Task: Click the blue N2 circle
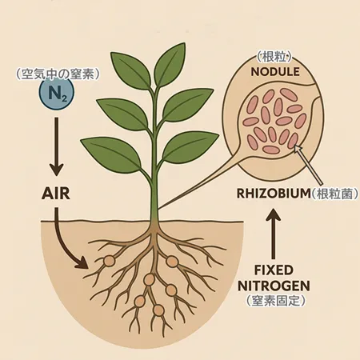point(56,94)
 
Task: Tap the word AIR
point(56,194)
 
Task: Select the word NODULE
point(275,72)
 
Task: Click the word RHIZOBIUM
point(274,194)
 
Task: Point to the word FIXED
point(274,270)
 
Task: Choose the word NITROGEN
point(274,286)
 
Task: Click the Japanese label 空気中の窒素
point(58,74)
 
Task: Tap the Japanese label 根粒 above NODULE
point(274,57)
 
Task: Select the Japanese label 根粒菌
point(334,194)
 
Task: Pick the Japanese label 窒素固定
point(275,301)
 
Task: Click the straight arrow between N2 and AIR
point(57,146)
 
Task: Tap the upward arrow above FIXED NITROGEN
point(273,234)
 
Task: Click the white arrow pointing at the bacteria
point(309,165)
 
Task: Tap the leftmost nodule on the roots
point(109,261)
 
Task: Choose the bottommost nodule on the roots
point(158,310)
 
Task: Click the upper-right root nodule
point(172,261)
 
